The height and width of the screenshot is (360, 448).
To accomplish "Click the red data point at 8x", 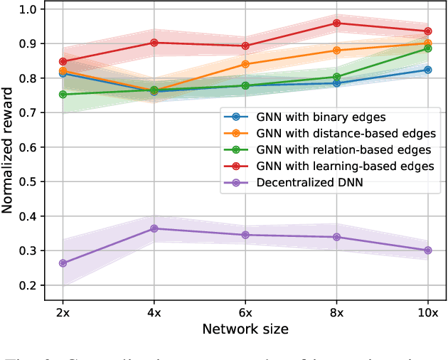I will [337, 23].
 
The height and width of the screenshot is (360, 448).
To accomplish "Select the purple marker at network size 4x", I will [154, 228].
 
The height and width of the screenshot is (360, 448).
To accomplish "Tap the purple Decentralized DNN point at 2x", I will [63, 263].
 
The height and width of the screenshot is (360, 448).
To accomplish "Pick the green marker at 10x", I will [428, 48].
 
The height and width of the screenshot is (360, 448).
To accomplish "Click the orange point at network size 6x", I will [245, 64].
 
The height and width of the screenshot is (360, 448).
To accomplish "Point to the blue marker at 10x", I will [428, 70].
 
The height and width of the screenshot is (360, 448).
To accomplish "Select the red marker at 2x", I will [63, 62].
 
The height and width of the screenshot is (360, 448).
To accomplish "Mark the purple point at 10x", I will [428, 250].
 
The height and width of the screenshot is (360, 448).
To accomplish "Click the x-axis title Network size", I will [245, 329].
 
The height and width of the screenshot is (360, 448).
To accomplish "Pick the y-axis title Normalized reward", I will [9, 147].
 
